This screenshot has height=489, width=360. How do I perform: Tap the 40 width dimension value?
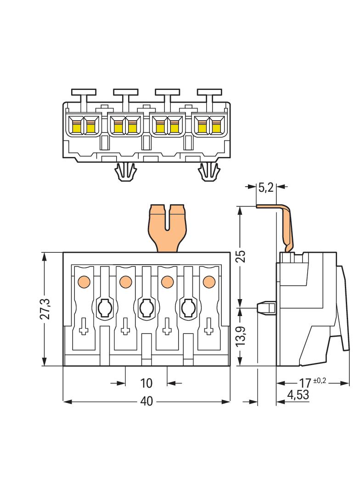click(146, 401)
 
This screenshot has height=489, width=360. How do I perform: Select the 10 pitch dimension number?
click(146, 382)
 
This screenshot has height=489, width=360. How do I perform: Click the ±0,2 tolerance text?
click(321, 380)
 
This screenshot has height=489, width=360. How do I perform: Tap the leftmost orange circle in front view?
click(84, 281)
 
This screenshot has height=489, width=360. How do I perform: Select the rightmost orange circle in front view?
click(209, 281)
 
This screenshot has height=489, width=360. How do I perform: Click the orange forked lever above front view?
click(167, 227)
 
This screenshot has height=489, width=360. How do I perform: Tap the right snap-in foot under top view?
click(209, 172)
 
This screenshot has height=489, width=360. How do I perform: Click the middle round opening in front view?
click(146, 307)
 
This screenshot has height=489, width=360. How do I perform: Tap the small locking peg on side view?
click(265, 307)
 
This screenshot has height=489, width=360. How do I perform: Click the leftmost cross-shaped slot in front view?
click(84, 326)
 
